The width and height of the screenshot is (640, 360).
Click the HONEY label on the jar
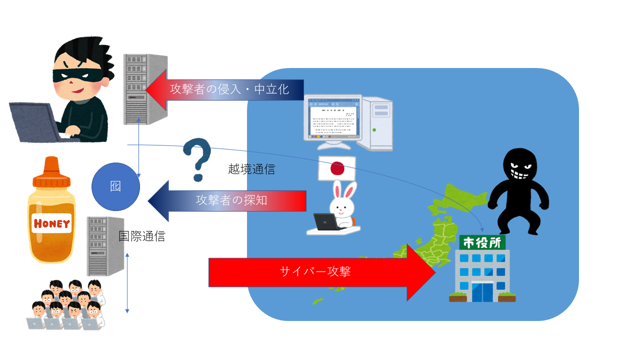click(x=52, y=223)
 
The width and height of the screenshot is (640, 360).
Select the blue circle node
click(x=115, y=186)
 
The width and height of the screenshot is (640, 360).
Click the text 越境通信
click(x=251, y=169)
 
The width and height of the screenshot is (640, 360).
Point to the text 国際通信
click(x=142, y=236)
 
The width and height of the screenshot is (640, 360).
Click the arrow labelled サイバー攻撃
click(x=320, y=272)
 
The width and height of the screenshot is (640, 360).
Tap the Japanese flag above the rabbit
click(x=337, y=168)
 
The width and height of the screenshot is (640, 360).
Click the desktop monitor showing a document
click(x=333, y=120)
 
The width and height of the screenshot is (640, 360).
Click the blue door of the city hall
click(x=482, y=292)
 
